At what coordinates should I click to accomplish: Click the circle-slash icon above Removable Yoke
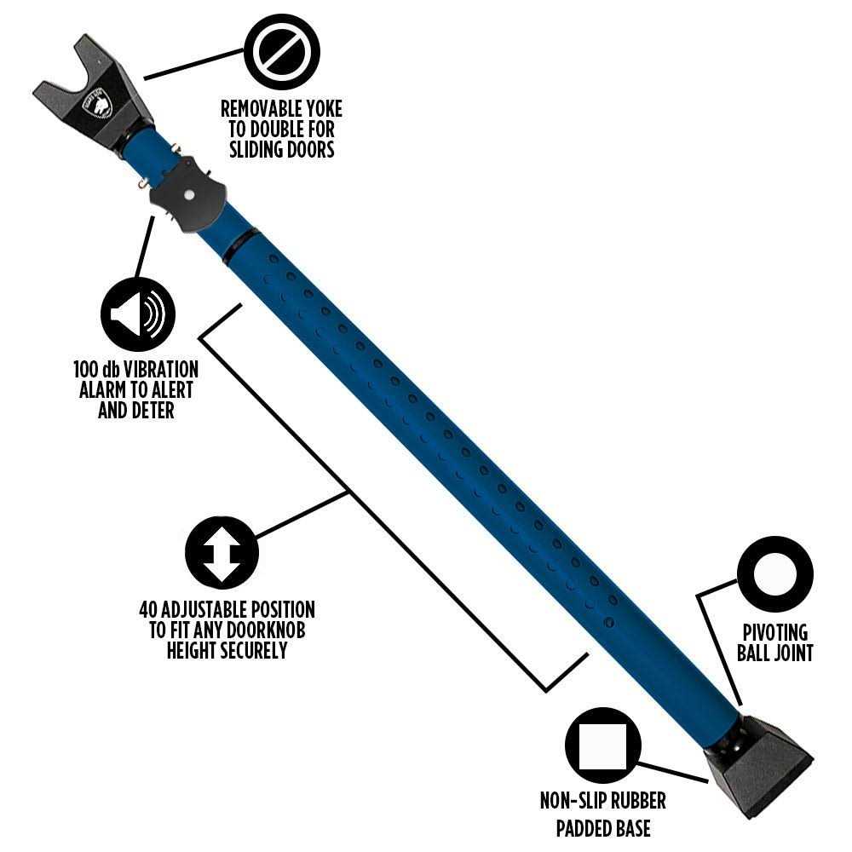[281, 52]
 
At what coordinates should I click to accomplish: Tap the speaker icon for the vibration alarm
[138, 314]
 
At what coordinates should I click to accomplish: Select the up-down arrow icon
[222, 553]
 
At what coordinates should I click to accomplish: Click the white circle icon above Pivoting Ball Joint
[774, 574]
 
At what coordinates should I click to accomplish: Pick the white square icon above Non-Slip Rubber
[603, 745]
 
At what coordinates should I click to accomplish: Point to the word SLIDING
[258, 149]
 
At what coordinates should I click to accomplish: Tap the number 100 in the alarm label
[86, 370]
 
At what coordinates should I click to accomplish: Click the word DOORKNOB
[266, 630]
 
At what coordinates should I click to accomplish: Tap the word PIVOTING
[774, 632]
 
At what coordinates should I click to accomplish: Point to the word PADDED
[584, 828]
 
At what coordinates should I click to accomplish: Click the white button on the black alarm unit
[189, 194]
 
